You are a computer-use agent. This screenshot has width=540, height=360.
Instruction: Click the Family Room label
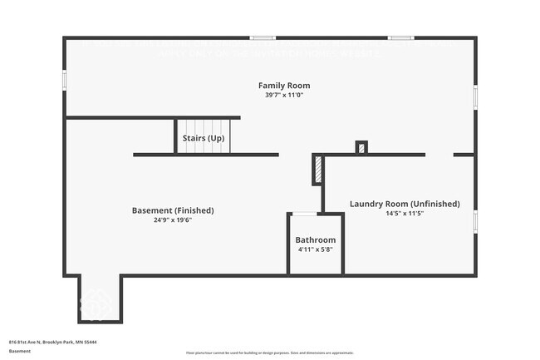(284, 86)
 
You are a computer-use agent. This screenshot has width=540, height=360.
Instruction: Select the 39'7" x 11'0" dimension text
(284, 95)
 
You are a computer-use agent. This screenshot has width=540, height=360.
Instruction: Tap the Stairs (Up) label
(202, 137)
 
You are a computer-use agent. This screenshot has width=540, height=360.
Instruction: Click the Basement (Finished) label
(173, 210)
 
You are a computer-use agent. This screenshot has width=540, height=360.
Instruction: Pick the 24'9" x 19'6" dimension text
(173, 219)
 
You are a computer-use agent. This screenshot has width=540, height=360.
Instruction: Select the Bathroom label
(316, 240)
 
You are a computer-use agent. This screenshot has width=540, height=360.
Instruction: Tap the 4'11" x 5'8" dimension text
(316, 249)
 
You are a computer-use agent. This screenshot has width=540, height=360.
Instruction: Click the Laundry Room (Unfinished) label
(405, 204)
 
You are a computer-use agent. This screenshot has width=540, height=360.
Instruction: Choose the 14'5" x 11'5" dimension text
(405, 214)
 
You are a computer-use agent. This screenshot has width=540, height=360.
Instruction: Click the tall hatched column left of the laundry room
(318, 170)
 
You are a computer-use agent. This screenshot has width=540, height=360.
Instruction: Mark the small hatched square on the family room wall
(361, 148)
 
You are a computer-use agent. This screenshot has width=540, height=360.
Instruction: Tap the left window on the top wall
(263, 37)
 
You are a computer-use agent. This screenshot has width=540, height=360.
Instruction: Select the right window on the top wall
(401, 37)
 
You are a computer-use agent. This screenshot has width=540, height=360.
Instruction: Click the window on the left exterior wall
(65, 79)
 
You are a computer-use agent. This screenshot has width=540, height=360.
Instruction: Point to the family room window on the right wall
(475, 96)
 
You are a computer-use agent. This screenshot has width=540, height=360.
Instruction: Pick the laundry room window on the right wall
(475, 221)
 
